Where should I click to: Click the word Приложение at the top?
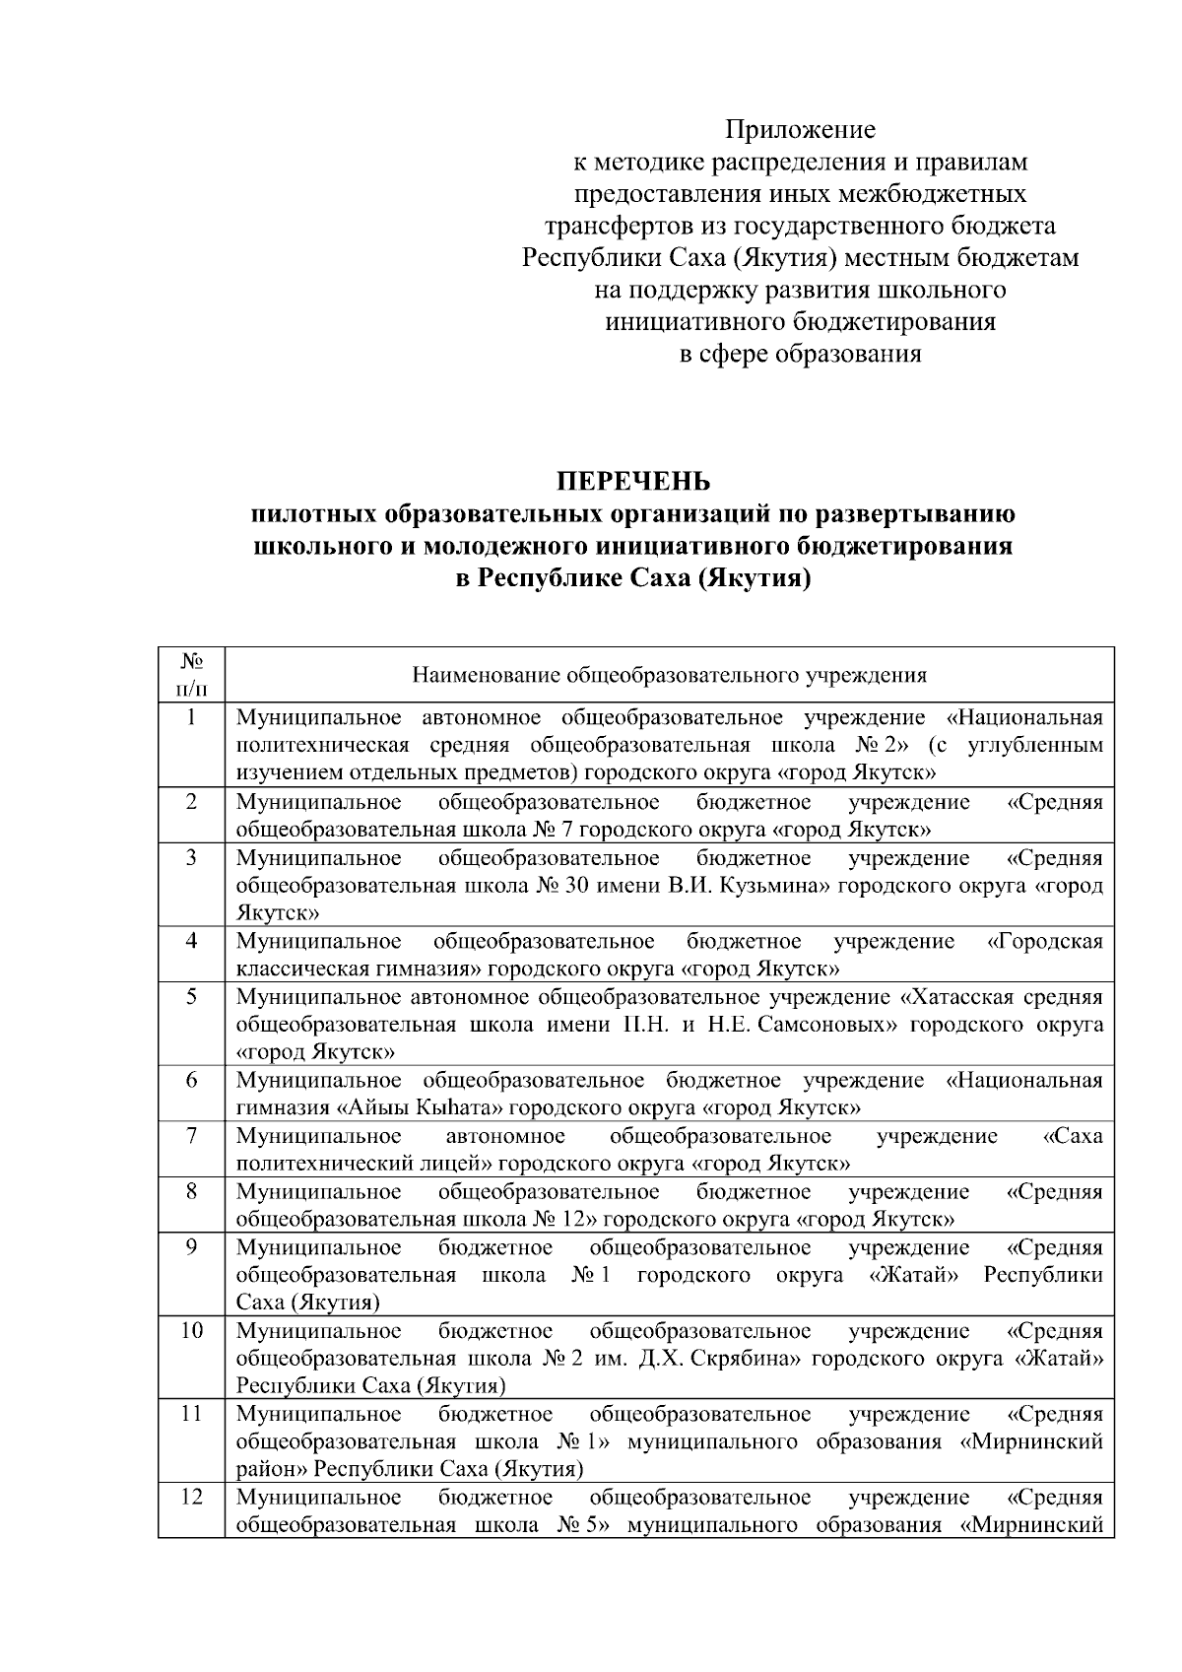click(x=800, y=129)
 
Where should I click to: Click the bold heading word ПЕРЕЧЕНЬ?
click(x=633, y=482)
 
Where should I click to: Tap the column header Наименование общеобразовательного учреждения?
click(x=669, y=676)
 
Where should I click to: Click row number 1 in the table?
click(x=191, y=717)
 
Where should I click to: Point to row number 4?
click(x=191, y=941)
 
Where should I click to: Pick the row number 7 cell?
click(x=191, y=1136)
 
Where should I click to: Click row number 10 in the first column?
click(x=191, y=1331)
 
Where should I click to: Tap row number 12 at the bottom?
click(x=191, y=1498)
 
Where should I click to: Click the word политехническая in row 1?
click(x=311, y=745)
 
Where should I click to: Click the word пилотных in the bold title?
click(x=313, y=513)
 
